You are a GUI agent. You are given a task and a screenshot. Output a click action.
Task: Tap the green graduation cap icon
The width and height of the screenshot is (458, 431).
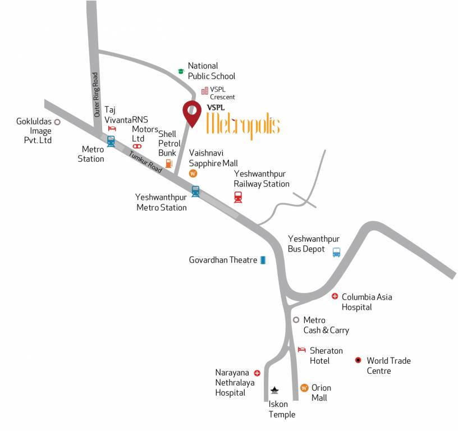tap(181, 71)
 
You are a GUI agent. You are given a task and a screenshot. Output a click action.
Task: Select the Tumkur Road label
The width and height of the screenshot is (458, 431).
tap(145, 162)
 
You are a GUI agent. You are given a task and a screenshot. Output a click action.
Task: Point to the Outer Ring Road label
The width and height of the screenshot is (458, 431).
tap(96, 94)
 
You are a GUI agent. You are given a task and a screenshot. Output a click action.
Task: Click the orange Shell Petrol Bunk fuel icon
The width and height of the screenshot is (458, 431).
tap(168, 164)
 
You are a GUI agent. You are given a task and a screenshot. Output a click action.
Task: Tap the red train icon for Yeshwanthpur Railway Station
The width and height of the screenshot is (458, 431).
tap(238, 197)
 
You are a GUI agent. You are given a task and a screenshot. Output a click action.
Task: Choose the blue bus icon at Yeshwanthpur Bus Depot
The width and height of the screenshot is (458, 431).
tap(336, 252)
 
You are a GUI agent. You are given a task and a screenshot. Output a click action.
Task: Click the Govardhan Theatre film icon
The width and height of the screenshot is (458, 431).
tap(263, 260)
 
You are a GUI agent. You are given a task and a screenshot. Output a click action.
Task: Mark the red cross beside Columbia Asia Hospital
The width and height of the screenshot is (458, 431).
tap(335, 296)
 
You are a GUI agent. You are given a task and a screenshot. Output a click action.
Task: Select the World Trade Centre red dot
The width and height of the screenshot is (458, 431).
tap(358, 360)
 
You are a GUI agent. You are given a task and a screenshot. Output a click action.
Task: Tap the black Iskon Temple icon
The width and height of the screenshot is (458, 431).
tap(274, 389)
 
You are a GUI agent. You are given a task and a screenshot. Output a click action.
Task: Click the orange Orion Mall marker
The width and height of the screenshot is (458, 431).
tap(304, 388)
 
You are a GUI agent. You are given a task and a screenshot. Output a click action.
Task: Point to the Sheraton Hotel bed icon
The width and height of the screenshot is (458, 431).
tap(301, 350)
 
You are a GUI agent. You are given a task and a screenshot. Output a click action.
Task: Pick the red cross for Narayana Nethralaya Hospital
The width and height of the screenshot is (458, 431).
tap(257, 373)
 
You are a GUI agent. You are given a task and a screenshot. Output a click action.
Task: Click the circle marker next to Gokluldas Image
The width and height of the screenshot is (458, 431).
tap(57, 121)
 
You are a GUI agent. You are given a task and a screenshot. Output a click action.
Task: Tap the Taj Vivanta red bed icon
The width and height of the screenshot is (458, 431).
tap(111, 129)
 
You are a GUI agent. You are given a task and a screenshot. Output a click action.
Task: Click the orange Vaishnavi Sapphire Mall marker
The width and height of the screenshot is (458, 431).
tap(193, 173)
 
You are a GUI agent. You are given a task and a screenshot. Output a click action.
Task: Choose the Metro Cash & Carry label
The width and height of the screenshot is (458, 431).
tap(326, 325)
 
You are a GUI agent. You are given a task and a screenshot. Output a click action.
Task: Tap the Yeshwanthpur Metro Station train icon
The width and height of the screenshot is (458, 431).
tap(195, 191)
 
